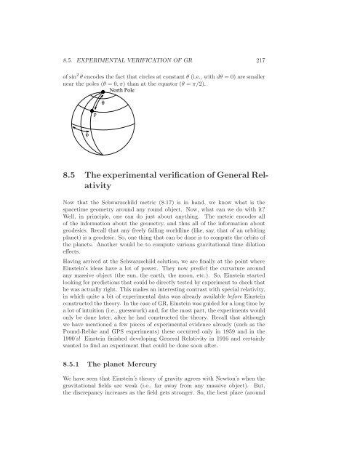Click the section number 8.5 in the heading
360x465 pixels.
tap(72, 171)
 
